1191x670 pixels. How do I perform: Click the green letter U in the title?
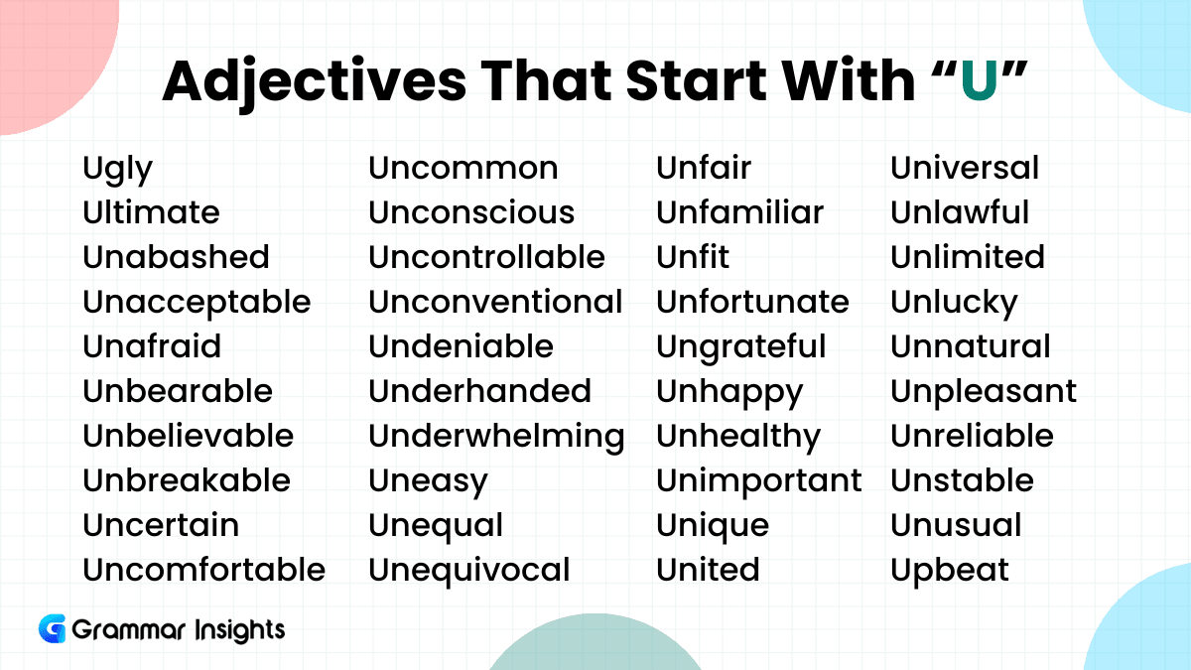[979, 79]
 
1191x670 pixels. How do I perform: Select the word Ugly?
[117, 170]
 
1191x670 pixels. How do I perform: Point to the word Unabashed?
[176, 257]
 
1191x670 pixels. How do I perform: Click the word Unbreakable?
[187, 480]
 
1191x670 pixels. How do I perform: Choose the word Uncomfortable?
[204, 570]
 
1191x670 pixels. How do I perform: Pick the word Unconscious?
[471, 212]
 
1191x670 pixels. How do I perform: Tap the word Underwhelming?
[496, 437]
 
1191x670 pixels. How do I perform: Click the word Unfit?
[693, 257]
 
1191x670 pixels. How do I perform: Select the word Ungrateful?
[741, 347]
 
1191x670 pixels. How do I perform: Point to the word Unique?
[713, 526]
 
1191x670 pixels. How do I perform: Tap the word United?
[709, 570]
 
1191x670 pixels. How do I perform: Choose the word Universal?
[965, 168]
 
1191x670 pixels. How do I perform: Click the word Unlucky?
[955, 303]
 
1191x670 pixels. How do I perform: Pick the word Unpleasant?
[984, 392]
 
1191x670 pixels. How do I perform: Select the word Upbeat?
[950, 571]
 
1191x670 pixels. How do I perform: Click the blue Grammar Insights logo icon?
[52, 628]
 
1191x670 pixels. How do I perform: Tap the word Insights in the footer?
[240, 630]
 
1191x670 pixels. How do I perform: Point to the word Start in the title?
[697, 80]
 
